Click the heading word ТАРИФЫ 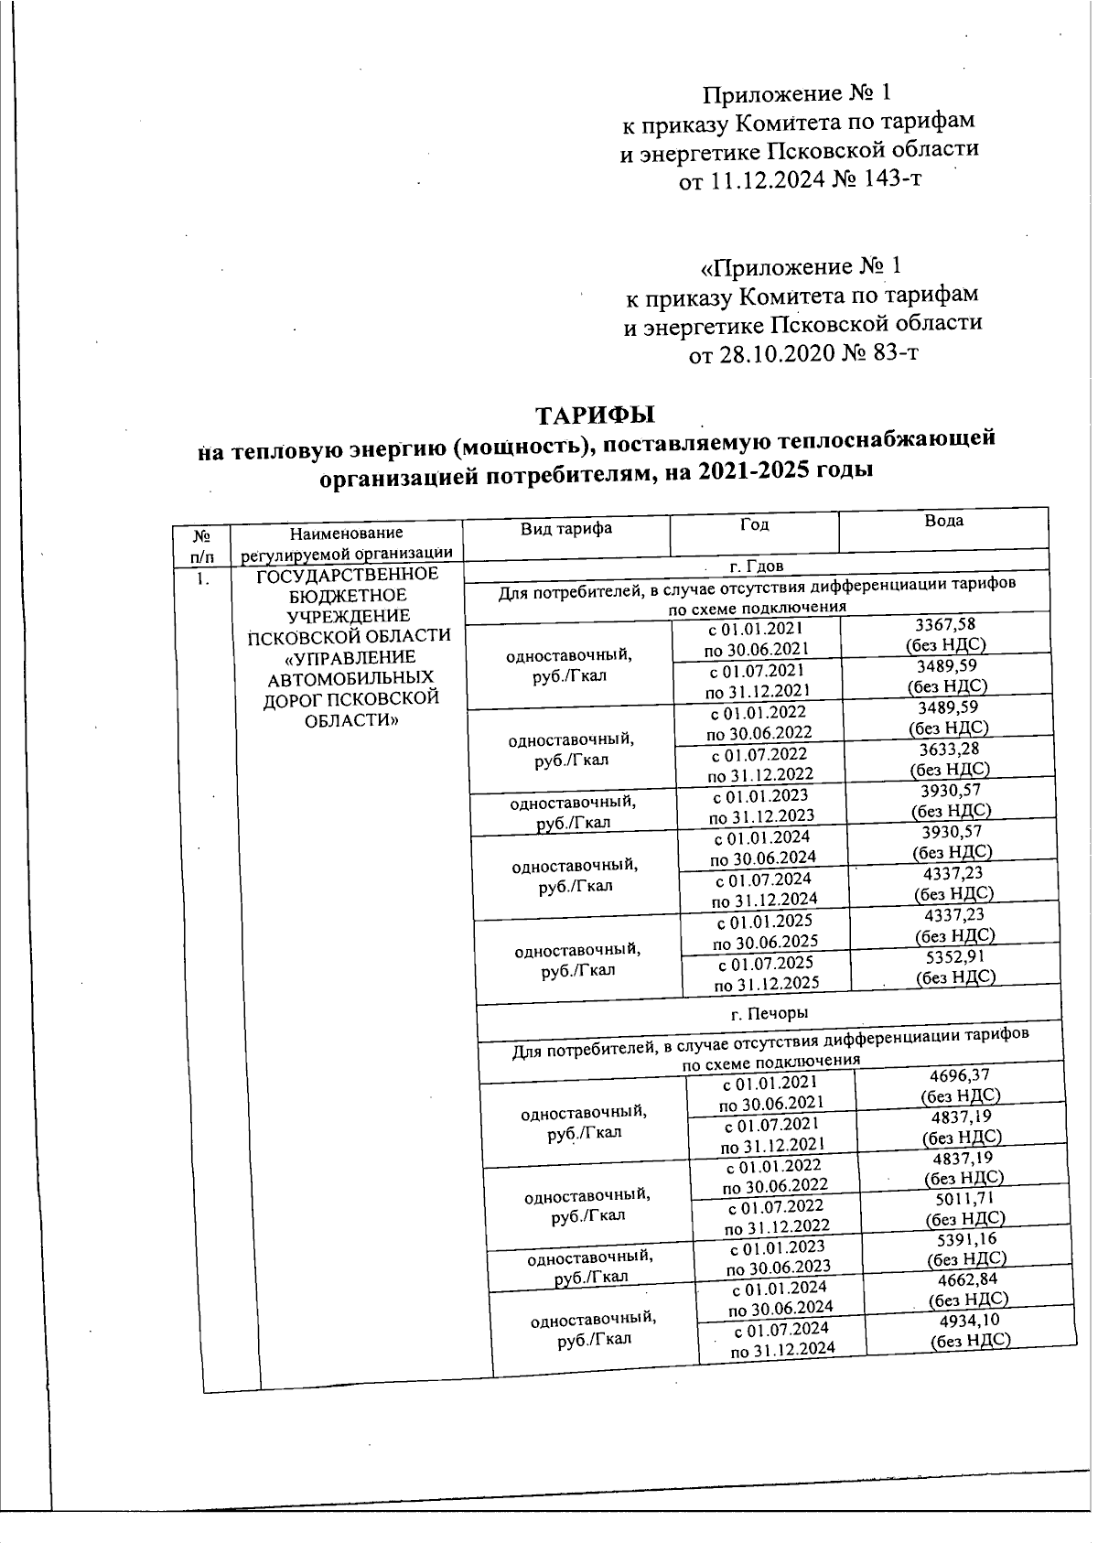tap(596, 414)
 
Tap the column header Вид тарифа tap(565, 528)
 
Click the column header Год tap(755, 524)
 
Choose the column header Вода tap(943, 521)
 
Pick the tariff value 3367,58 tap(946, 624)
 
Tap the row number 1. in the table tap(202, 580)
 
